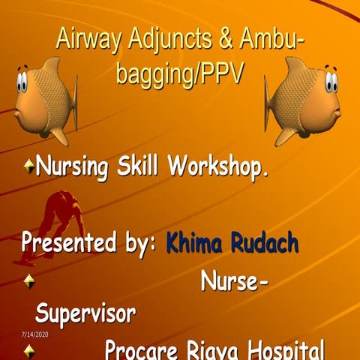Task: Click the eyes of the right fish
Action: tap(331, 81)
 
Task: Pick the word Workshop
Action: tap(220, 166)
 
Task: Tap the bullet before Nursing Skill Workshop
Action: tap(28, 165)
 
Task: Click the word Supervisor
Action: tap(85, 313)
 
